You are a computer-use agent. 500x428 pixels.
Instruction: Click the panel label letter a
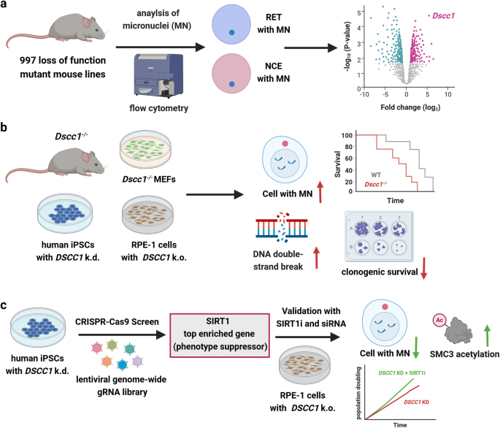click(6, 7)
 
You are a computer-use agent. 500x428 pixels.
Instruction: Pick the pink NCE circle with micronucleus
click(231, 81)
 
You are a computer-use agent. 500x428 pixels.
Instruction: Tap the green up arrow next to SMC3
click(486, 317)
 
